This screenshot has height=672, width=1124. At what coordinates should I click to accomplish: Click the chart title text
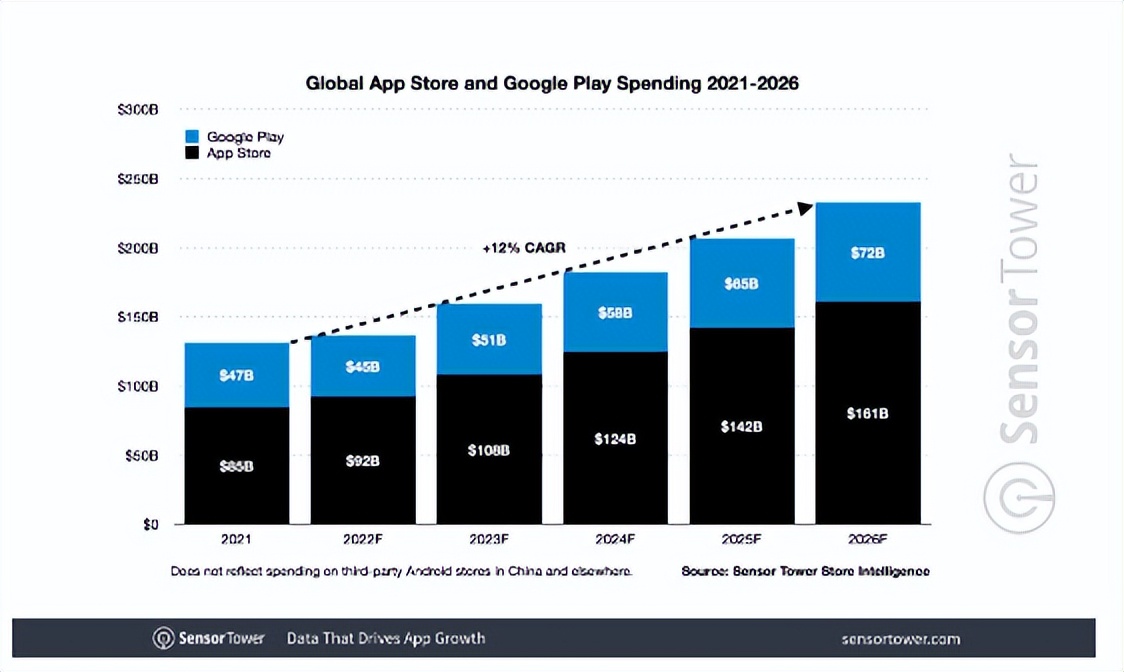[552, 83]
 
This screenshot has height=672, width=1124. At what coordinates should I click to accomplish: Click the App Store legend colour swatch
[192, 153]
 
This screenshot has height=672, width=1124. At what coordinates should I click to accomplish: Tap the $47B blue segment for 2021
[236, 375]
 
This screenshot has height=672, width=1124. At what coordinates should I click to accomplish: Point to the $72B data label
[868, 253]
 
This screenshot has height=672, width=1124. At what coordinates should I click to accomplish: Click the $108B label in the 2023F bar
[489, 451]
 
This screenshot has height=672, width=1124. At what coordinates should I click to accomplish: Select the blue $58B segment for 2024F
[615, 312]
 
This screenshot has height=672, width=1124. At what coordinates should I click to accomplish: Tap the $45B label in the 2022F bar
[362, 367]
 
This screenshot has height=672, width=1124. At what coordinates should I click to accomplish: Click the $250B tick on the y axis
[137, 179]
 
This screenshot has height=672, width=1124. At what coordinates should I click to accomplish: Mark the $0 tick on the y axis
[149, 524]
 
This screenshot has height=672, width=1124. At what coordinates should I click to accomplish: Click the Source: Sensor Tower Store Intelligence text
[805, 571]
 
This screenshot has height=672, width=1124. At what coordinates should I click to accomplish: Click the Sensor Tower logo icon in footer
[163, 638]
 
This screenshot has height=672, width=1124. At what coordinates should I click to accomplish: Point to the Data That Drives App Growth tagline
[385, 638]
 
